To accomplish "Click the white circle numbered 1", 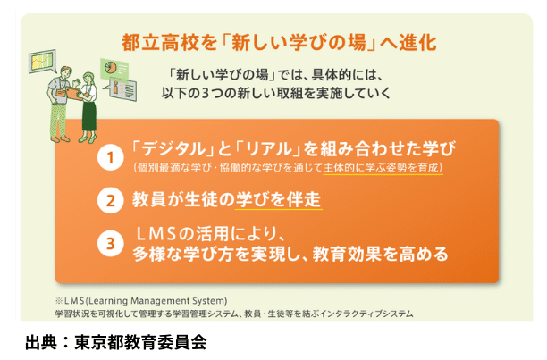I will [x=110, y=158].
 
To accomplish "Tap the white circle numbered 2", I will [x=110, y=200].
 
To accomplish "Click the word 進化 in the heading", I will [x=419, y=42].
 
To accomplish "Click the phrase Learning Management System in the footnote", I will [x=157, y=300].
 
